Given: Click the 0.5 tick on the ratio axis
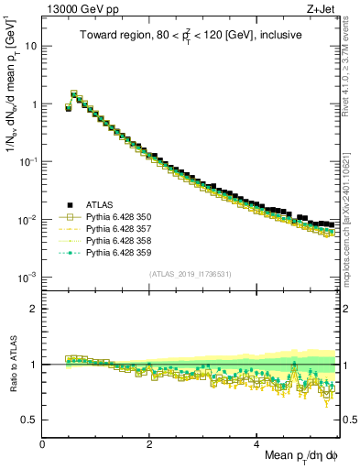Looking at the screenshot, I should coord(30,420).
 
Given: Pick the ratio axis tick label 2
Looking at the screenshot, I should coord(35,309).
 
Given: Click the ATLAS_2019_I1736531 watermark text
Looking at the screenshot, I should coord(189,274).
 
